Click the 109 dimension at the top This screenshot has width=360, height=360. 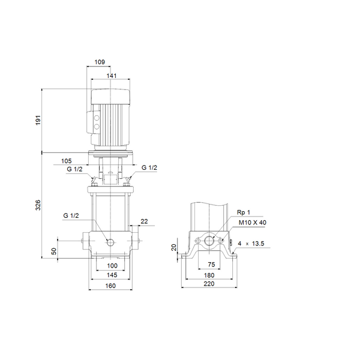tap(101, 61)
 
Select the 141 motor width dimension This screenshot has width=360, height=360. tap(111, 76)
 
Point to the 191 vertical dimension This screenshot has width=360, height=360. tap(38, 120)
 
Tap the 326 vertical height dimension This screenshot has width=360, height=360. tap(38, 205)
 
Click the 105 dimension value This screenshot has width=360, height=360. tap(66, 161)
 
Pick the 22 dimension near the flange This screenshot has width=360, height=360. tap(144, 222)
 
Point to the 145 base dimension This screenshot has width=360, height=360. tap(111, 275)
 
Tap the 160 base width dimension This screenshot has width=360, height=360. tap(111, 286)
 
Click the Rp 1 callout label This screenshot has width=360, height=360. tap(242, 212)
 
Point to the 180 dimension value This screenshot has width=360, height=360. tap(209, 275)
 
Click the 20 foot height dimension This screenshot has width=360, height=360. tap(174, 247)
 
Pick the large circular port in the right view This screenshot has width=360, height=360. tap(209, 241)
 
